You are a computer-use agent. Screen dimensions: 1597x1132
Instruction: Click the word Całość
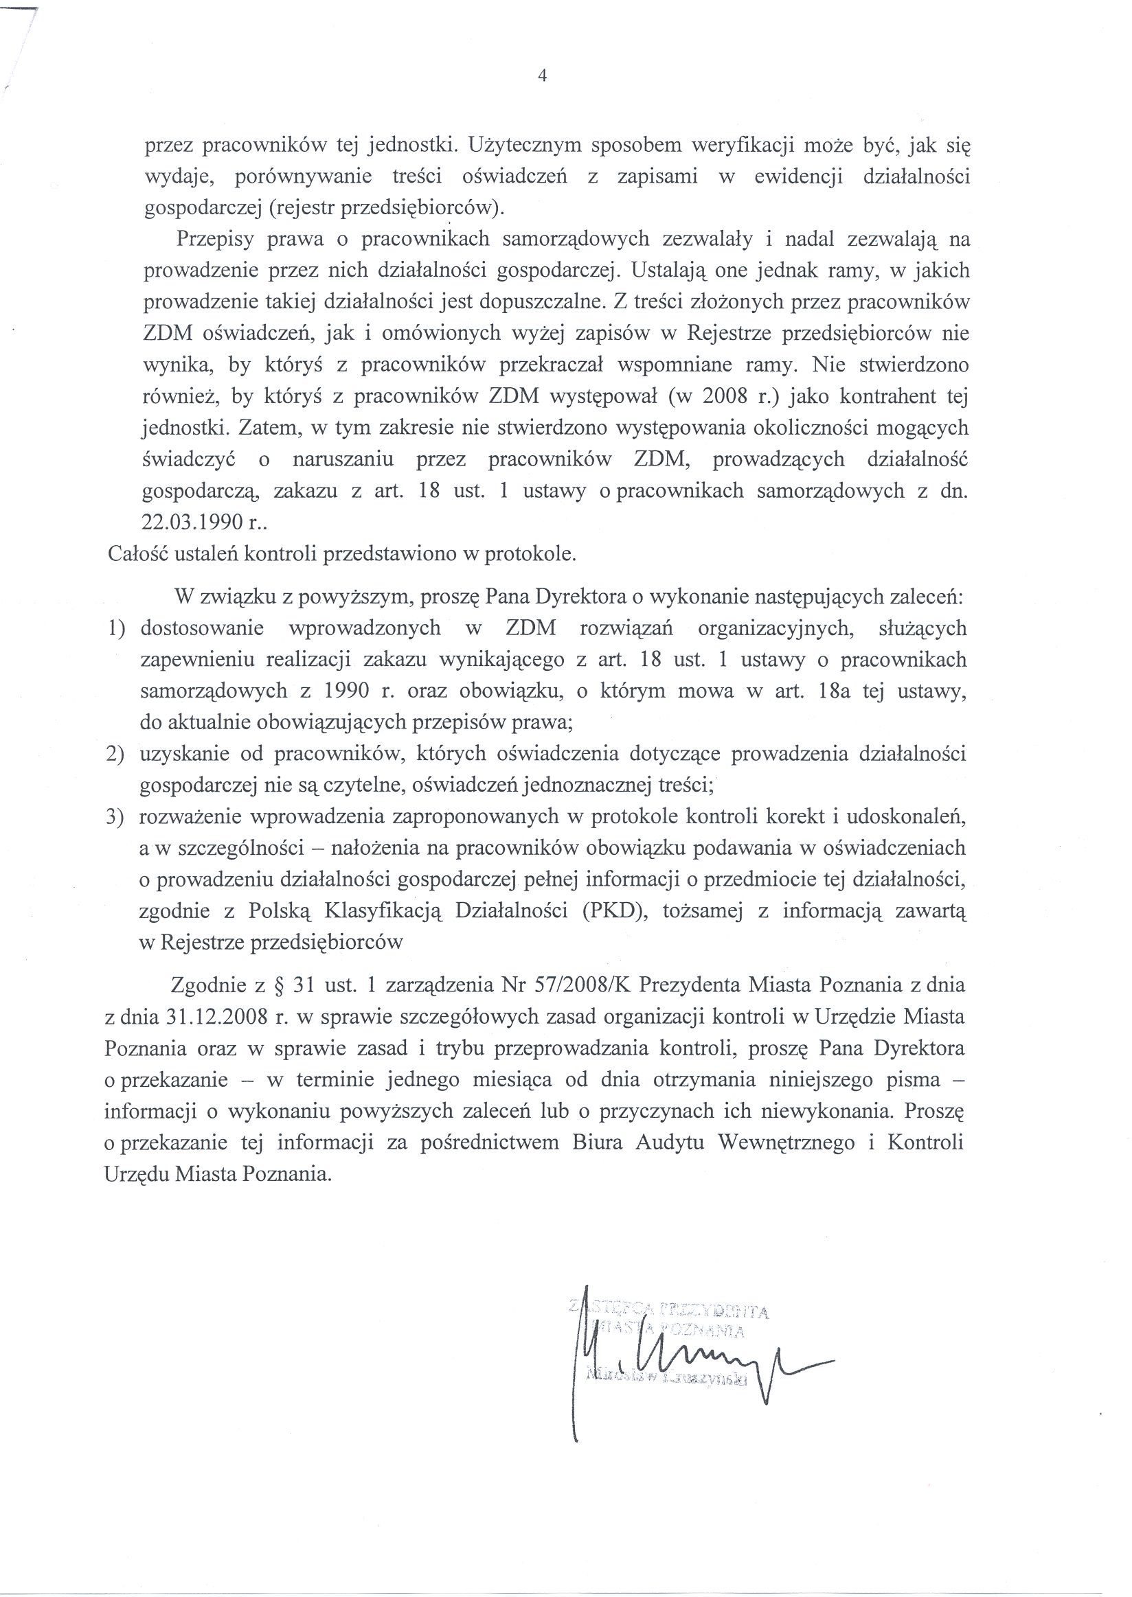pyautogui.click(x=135, y=555)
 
